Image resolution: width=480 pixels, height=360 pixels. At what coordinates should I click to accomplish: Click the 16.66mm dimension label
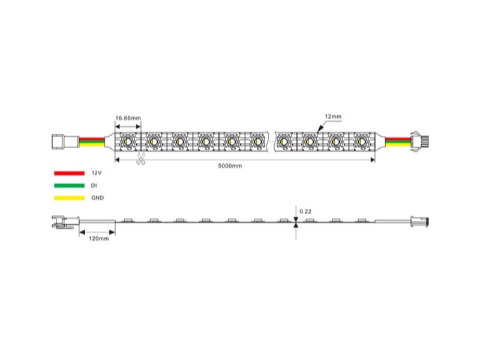(128, 118)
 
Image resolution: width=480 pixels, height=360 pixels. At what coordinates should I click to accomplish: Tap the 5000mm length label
(230, 166)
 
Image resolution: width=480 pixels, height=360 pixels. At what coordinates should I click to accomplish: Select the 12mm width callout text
(333, 116)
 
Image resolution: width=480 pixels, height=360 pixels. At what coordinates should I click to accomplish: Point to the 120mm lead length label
(98, 238)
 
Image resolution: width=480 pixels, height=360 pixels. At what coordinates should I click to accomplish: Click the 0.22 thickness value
(305, 211)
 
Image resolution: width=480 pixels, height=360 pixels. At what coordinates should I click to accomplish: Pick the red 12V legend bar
(69, 173)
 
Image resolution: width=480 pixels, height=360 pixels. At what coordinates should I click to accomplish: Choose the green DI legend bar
(69, 185)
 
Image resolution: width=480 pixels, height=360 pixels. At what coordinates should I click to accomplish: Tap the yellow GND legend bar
(69, 198)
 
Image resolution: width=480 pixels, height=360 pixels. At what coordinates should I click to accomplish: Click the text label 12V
(97, 173)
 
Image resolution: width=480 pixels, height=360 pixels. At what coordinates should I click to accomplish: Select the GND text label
(97, 198)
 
